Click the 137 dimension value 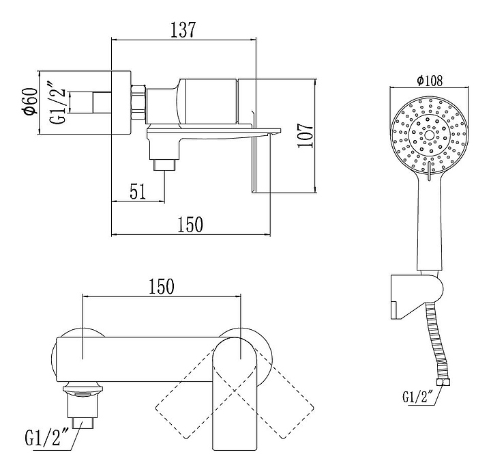pyautogui.click(x=183, y=30)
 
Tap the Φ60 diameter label pyautogui.click(x=31, y=102)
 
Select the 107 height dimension pyautogui.click(x=306, y=135)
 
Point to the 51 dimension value pyautogui.click(x=138, y=191)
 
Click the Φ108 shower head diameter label pyautogui.click(x=430, y=81)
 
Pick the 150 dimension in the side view pyautogui.click(x=190, y=224)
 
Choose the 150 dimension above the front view pyautogui.click(x=161, y=286)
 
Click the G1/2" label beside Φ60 pyautogui.click(x=59, y=102)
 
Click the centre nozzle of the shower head pyautogui.click(x=429, y=135)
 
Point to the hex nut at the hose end pyautogui.click(x=444, y=382)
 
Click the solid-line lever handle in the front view pyautogui.click(x=234, y=396)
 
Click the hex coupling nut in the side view pyautogui.click(x=138, y=102)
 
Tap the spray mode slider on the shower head pyautogui.click(x=429, y=170)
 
